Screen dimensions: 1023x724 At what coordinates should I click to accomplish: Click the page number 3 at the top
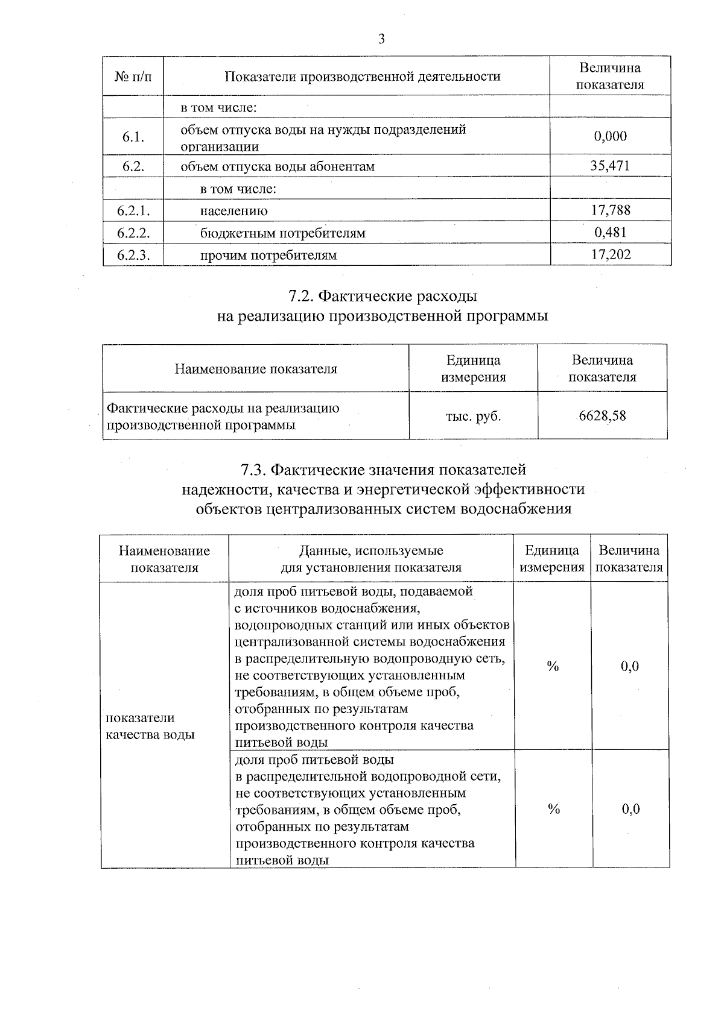381,40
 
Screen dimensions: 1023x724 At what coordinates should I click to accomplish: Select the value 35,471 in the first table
610,166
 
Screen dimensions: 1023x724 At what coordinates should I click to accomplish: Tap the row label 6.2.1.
133,210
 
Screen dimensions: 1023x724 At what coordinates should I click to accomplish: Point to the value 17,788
611,210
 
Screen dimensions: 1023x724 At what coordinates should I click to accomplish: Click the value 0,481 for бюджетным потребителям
610,232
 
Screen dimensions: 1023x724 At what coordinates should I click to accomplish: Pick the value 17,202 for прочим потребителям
611,254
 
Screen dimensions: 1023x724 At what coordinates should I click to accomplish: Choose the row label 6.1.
133,137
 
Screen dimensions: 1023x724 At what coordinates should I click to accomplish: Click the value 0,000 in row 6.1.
610,136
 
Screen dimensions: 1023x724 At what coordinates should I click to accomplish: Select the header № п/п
133,77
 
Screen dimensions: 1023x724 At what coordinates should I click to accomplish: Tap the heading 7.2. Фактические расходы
383,296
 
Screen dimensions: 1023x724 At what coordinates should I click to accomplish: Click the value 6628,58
602,415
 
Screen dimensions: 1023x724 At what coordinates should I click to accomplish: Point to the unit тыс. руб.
473,415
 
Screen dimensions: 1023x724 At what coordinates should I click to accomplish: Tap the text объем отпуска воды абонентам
278,166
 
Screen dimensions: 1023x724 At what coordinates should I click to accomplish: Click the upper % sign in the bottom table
553,666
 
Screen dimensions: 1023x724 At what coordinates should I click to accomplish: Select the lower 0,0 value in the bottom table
630,809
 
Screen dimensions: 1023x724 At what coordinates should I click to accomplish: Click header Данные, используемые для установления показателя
371,559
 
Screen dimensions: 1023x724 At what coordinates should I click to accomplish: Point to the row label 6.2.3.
133,255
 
